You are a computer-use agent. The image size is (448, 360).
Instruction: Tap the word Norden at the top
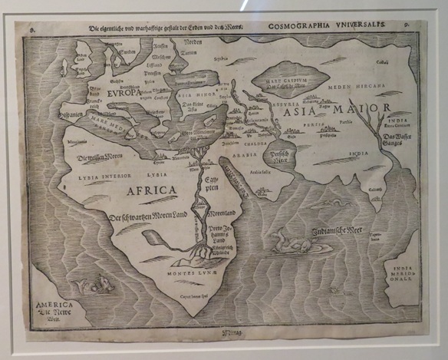coord(193,42)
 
